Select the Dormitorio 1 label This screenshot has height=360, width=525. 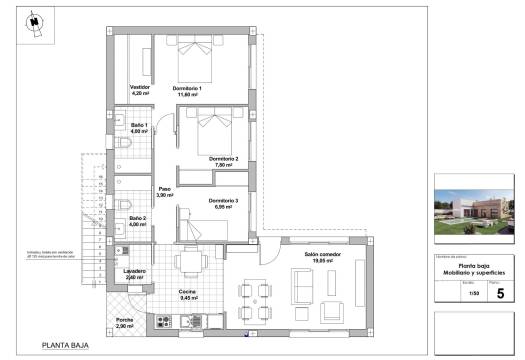187,90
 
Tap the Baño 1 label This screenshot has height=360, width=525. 138,127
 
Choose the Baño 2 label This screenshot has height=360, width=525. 138,220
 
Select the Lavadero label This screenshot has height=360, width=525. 136,273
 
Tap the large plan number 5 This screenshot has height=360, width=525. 499,293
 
